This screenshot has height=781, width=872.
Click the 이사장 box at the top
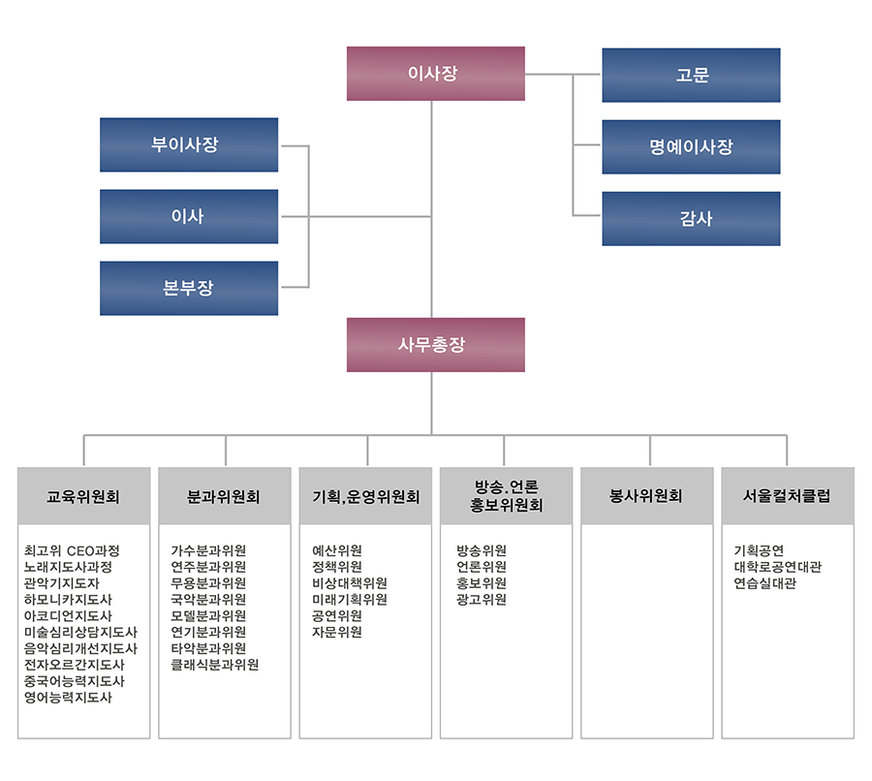[x=435, y=74]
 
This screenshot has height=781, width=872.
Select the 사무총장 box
[x=435, y=345]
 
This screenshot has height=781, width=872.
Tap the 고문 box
[x=691, y=76]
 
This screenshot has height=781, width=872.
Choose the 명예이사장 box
[x=691, y=147]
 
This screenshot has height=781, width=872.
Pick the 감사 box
[x=691, y=219]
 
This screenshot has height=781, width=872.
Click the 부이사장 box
[x=189, y=144]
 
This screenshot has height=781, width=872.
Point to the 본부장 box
[x=189, y=288]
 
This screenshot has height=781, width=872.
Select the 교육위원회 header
[x=84, y=496]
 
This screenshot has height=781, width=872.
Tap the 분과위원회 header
[x=225, y=496]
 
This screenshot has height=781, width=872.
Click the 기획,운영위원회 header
[x=365, y=496]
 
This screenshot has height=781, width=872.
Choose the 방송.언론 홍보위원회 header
[x=506, y=496]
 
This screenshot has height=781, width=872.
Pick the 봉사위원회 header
[x=647, y=496]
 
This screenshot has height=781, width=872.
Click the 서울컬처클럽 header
[x=788, y=496]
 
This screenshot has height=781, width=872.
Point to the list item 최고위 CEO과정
[x=72, y=550]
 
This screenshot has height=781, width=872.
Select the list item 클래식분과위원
[x=215, y=665]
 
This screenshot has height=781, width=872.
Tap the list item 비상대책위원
[x=350, y=583]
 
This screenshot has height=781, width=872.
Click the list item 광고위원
[x=482, y=599]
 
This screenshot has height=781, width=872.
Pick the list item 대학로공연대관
[x=777, y=567]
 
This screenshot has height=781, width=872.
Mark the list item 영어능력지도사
[x=68, y=697]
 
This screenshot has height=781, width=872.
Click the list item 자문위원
[x=337, y=632]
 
